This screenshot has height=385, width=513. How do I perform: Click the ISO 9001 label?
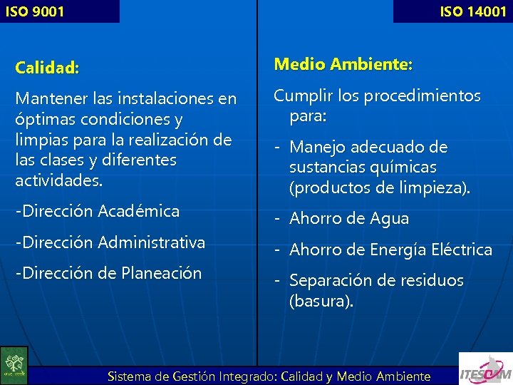34,11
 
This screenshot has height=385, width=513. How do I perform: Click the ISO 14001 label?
472,11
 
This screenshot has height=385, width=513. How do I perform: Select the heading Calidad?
47,68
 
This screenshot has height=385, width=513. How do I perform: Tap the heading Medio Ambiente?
343,65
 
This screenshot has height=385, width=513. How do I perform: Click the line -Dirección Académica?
98,211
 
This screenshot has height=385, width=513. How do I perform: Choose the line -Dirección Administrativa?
110,242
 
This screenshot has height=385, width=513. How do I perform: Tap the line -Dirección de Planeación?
108,273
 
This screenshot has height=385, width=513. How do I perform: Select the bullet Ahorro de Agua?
349,219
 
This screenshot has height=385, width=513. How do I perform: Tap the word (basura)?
321,301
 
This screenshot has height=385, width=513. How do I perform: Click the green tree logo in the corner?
14,365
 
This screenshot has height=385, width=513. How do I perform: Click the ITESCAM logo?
484,368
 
